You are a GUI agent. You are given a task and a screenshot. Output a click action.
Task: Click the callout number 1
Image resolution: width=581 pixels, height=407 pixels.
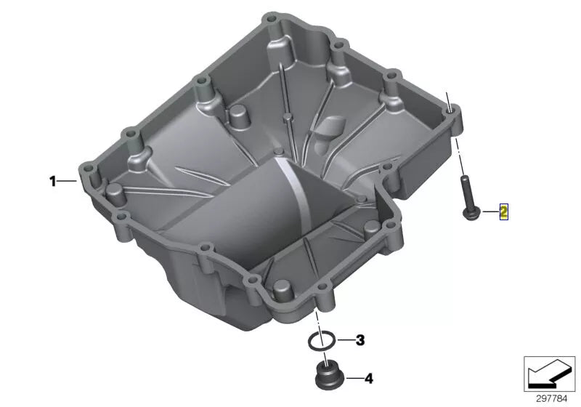[52, 182]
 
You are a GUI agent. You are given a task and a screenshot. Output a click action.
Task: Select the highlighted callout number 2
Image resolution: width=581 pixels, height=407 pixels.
[503, 212]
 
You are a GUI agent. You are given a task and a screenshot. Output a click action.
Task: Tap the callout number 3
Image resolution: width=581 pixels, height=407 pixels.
[361, 340]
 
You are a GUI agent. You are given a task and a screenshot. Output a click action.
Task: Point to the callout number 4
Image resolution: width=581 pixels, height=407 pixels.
[368, 379]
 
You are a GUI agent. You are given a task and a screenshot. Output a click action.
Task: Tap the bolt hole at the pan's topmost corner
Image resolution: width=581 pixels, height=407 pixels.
[272, 17]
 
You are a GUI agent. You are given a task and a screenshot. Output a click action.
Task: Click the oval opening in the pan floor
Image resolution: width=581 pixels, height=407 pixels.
[329, 130]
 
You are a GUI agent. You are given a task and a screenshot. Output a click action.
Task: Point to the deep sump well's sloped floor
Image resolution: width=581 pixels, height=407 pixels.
[240, 218]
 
